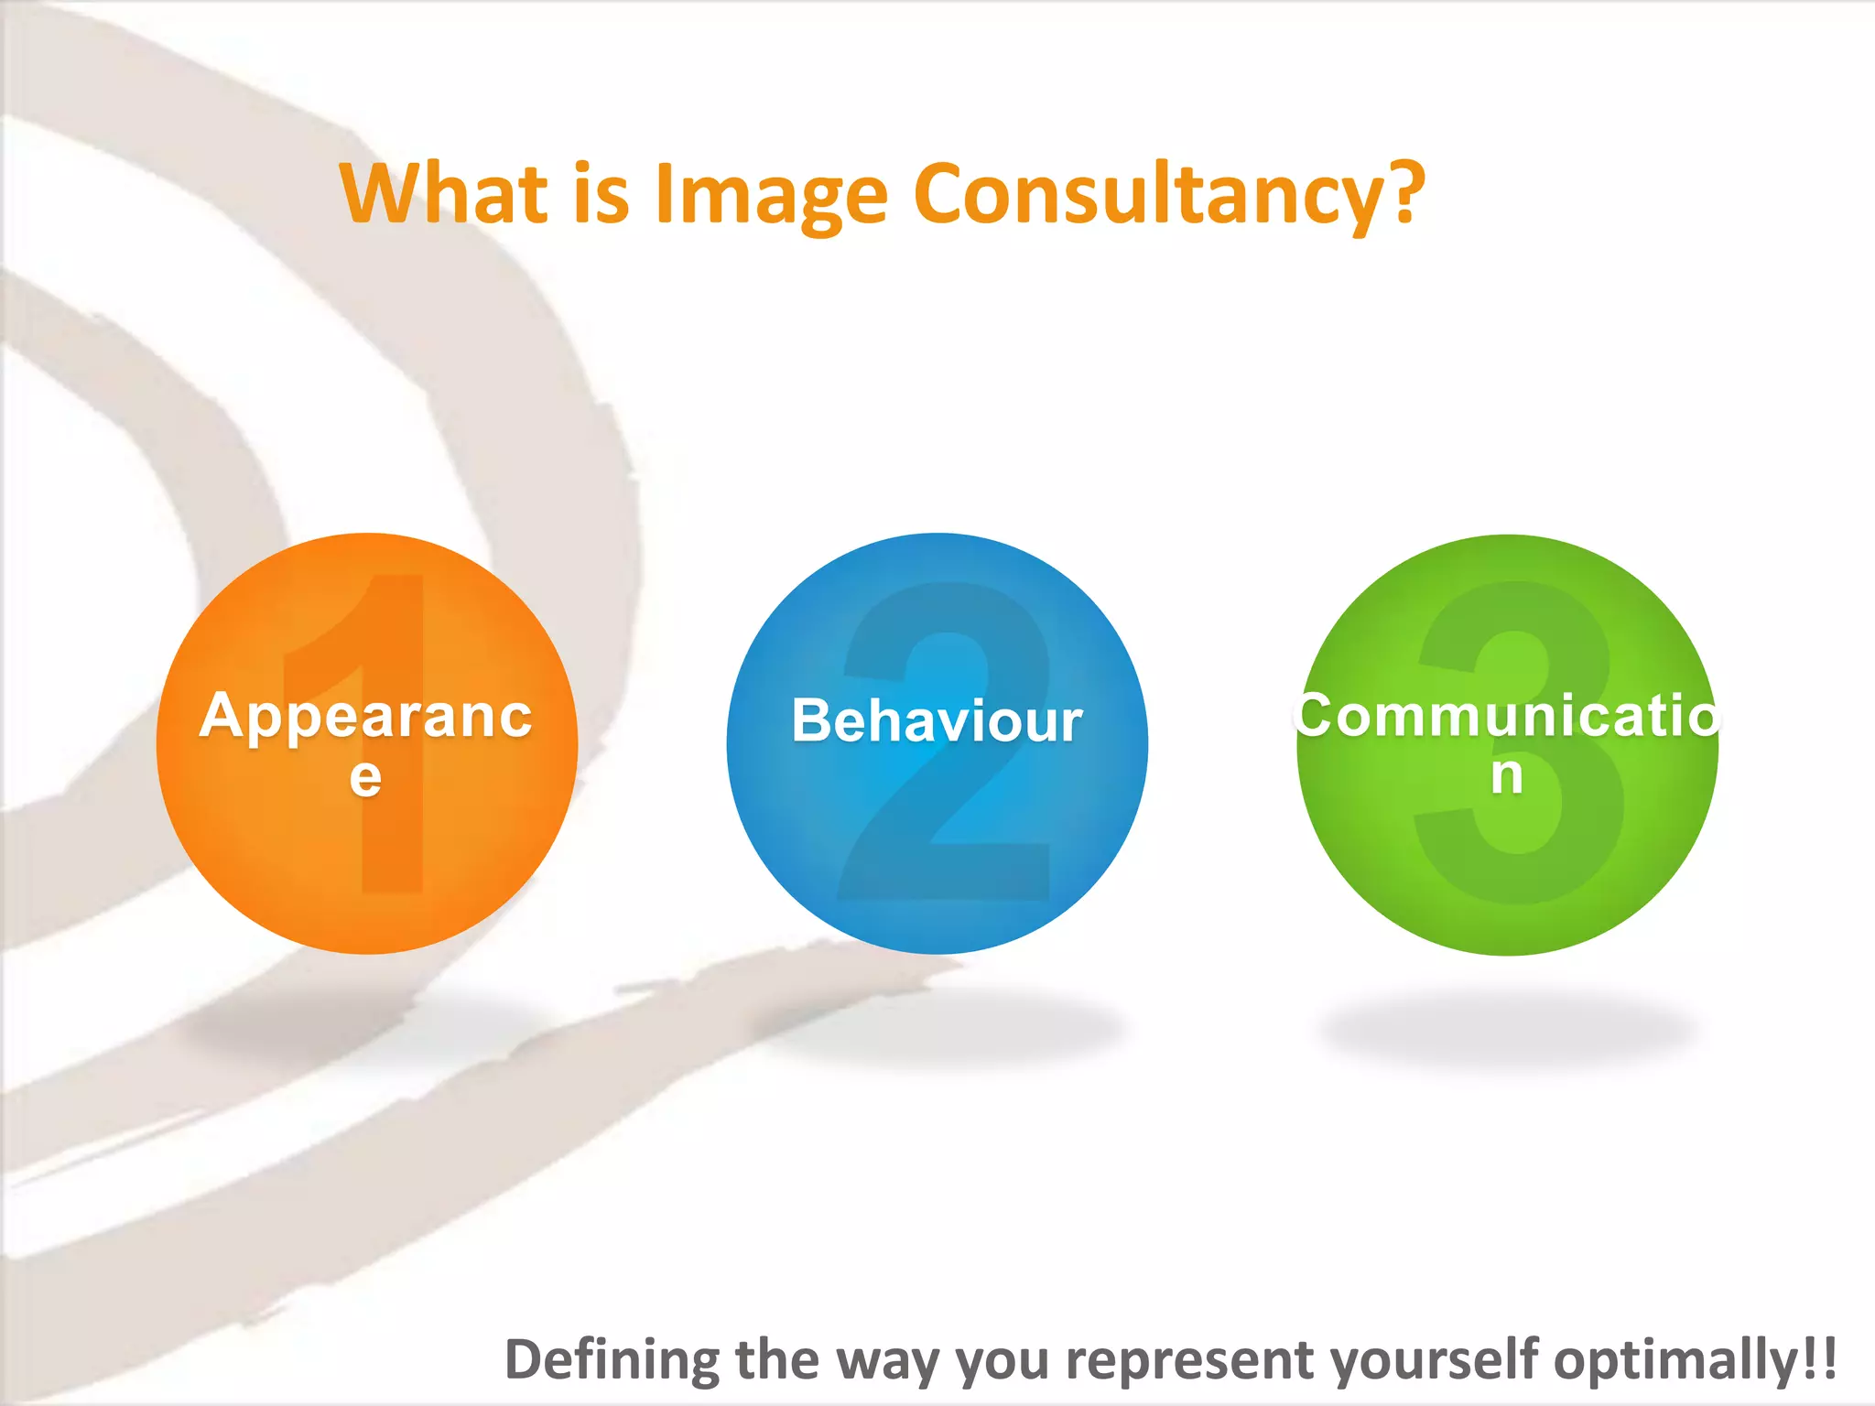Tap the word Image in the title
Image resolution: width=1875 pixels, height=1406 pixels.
point(772,195)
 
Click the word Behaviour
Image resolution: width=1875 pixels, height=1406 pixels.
point(937,720)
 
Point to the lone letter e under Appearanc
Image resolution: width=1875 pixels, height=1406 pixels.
point(365,777)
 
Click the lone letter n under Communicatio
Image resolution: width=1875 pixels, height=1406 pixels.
point(1507,775)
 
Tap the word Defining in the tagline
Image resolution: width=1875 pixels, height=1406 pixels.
point(612,1360)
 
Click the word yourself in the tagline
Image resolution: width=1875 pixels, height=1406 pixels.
point(1434,1358)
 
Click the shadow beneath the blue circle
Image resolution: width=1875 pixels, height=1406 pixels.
point(937,1030)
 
